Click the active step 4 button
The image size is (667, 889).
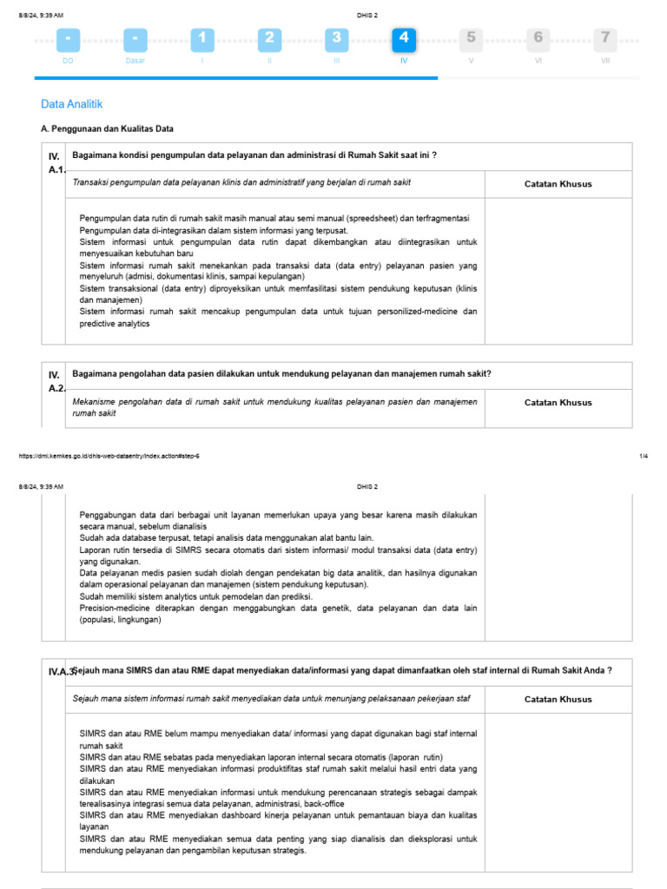(403, 39)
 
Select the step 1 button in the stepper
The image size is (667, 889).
(202, 39)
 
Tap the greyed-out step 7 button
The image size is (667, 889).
(605, 39)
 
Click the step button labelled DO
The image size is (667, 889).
(69, 39)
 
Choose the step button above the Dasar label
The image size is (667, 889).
(135, 39)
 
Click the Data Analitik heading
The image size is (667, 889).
(72, 104)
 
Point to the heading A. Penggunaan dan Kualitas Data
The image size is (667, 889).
(108, 128)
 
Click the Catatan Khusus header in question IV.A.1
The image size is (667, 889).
(558, 184)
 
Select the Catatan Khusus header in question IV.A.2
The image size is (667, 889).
(558, 403)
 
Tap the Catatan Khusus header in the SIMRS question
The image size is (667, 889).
(558, 700)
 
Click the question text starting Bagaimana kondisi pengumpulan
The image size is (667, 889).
(254, 155)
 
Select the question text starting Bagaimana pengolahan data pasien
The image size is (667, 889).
(281, 374)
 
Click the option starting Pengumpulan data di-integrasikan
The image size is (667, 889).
(214, 230)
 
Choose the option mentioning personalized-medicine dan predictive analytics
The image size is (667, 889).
(278, 317)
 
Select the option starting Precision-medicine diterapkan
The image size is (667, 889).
(278, 615)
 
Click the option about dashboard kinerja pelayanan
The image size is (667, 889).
(278, 821)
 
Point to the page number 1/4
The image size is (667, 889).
(644, 456)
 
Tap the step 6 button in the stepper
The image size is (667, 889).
(538, 39)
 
